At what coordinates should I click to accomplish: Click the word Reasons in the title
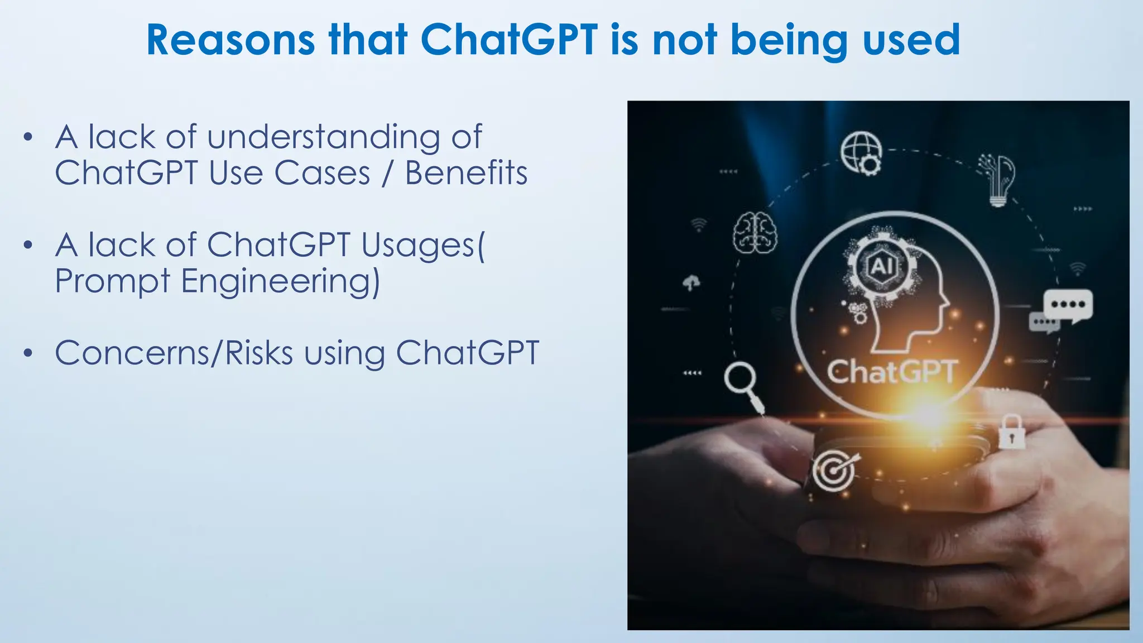coord(230,40)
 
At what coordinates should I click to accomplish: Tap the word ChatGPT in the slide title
coord(508,40)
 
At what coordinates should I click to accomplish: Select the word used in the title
coord(911,40)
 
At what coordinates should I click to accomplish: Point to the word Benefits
coord(466,173)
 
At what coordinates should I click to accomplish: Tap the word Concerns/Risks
coord(174,353)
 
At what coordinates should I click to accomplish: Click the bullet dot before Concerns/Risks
coord(28,353)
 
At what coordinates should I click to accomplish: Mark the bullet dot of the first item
coord(28,137)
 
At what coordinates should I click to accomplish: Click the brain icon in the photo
coord(755,233)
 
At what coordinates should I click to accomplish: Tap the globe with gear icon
coord(862,153)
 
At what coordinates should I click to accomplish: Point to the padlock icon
coord(1011,432)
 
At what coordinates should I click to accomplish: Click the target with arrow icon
coord(834,470)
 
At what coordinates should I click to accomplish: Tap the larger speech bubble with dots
coord(1068,305)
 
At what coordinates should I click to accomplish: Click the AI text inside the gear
coord(881,266)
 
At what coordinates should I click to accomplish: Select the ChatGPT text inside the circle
coord(891,372)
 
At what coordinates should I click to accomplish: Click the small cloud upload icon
coord(691,283)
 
